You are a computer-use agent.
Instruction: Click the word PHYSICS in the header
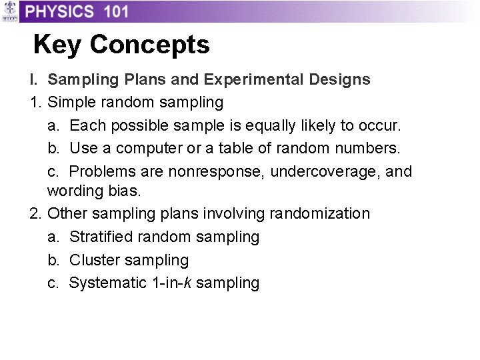(60, 11)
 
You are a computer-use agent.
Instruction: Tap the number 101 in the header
(117, 11)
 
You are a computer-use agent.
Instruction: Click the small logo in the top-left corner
(9, 11)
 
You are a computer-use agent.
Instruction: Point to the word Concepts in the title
(150, 45)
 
